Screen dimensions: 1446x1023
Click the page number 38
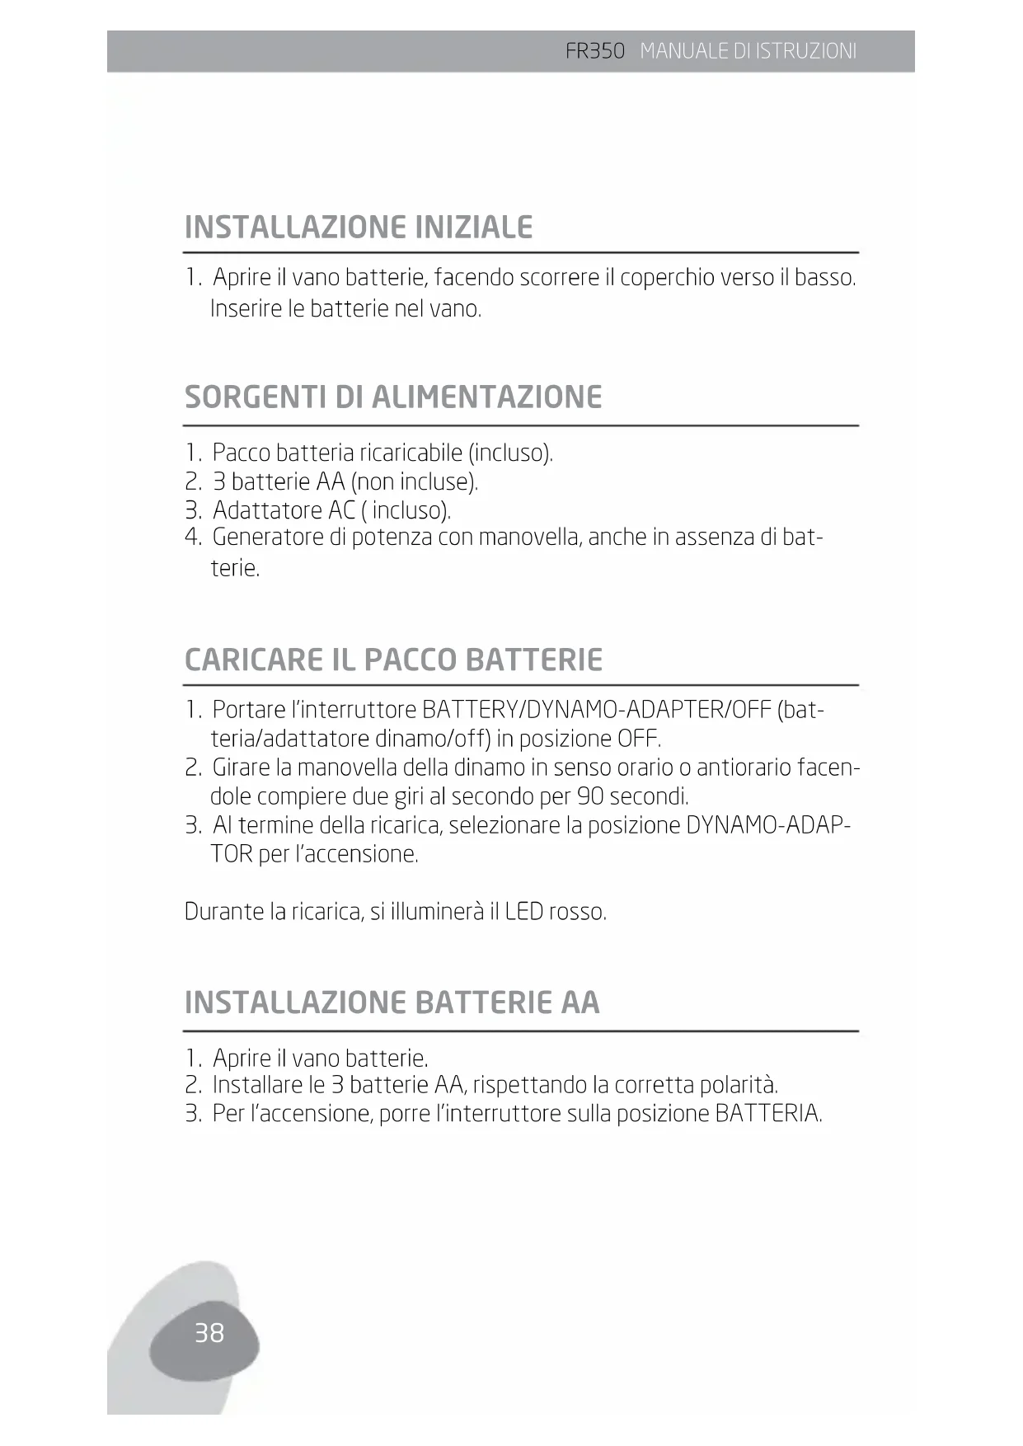209,1333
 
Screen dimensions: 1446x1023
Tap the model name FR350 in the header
595,51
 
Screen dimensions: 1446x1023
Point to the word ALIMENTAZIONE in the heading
486,397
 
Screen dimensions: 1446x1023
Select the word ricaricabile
411,453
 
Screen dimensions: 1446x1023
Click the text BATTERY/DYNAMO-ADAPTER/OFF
596,710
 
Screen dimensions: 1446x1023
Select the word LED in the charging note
523,912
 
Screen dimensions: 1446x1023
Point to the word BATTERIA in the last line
767,1114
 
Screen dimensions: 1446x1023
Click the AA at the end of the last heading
580,1002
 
